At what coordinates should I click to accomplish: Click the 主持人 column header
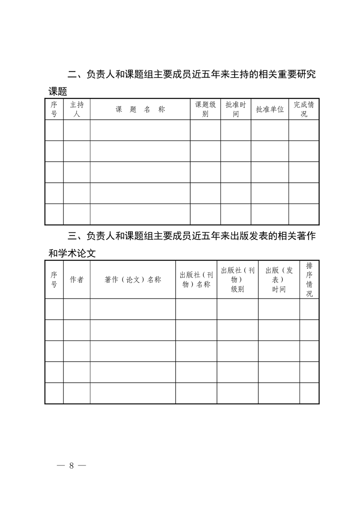coord(77,109)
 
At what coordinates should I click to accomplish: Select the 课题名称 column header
coord(140,109)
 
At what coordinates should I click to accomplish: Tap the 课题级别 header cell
coord(205,109)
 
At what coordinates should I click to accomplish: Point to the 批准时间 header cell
coord(236,109)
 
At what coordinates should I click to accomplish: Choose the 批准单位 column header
coord(270,109)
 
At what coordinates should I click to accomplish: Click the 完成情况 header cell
coord(304,109)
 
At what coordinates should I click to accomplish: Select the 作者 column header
coord(77,280)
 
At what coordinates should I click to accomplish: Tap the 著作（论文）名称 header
coord(133,280)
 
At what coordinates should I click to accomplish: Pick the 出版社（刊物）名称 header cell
coord(196,280)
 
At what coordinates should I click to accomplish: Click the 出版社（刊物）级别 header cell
coord(237,280)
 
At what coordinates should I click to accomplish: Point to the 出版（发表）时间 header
coord(279,280)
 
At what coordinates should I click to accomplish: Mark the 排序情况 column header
coord(309,279)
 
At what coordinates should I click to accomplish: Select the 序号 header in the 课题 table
coord(54,109)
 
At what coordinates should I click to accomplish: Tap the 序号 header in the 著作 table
coord(54,280)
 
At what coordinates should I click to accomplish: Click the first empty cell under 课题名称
coord(140,130)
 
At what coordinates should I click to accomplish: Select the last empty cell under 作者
coord(77,393)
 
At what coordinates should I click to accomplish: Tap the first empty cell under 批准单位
coord(270,130)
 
